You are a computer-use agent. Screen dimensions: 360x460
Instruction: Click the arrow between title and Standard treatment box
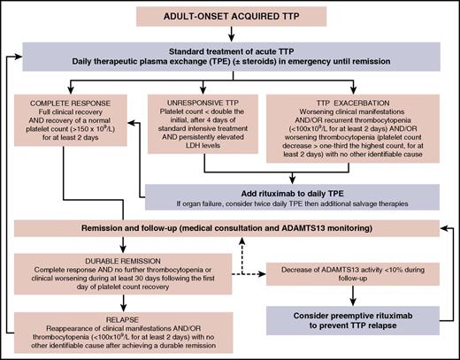[x=233, y=35]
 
